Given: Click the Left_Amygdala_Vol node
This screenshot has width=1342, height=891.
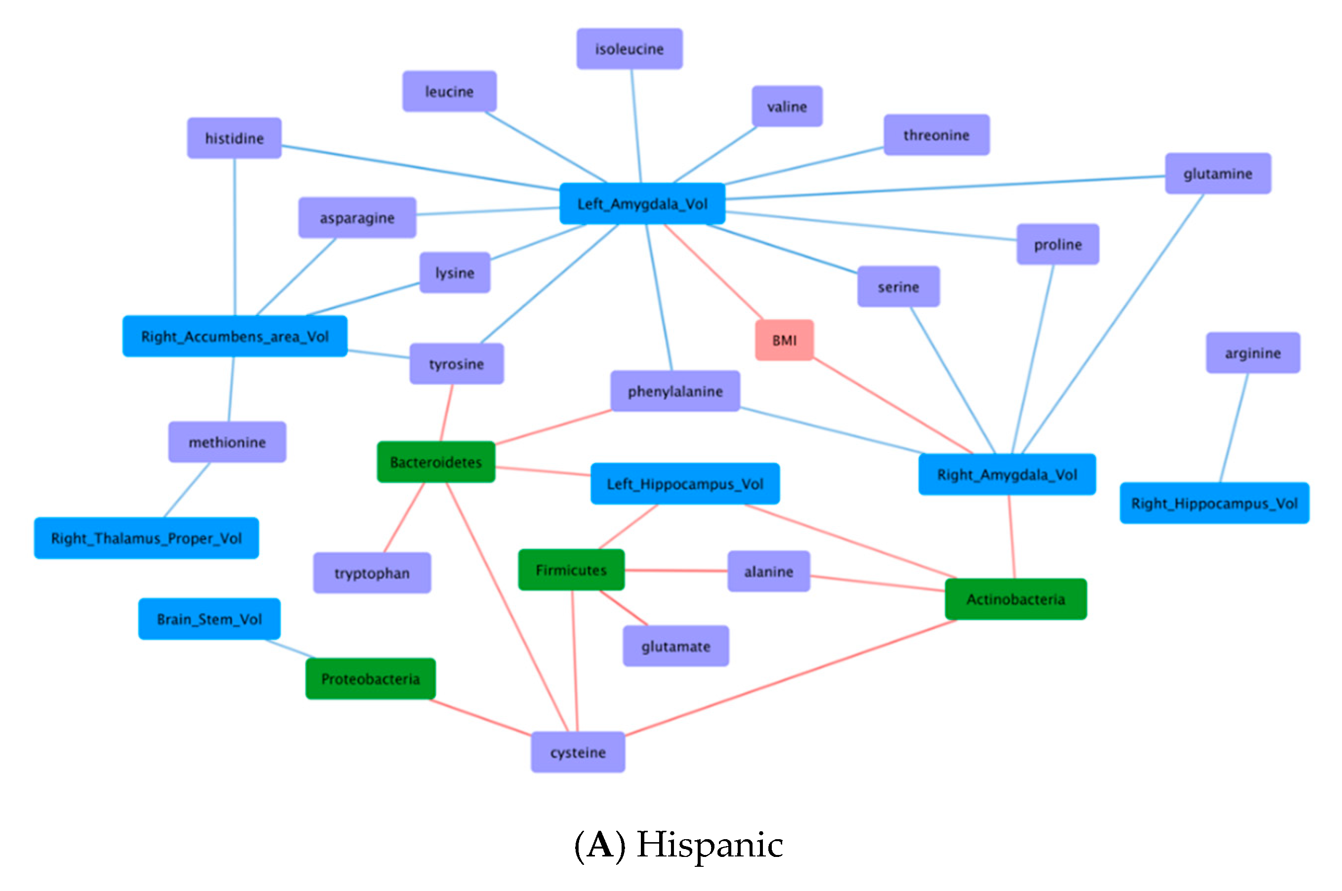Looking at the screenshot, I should point(642,203).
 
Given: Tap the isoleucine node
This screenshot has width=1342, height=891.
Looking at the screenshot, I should point(629,49).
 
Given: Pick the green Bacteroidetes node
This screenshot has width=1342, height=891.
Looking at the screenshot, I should point(436,462).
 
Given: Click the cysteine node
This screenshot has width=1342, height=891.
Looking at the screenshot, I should point(578,752).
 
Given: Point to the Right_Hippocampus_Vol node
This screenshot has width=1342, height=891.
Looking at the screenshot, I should point(1214,503).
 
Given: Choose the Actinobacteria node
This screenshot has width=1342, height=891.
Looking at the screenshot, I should point(1015,599).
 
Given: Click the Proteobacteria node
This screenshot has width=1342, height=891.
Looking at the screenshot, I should point(371,678).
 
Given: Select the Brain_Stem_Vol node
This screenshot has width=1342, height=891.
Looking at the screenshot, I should point(210,619).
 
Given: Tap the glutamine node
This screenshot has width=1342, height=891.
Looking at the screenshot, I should point(1218,173).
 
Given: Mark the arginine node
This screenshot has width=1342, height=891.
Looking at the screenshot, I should point(1253,353).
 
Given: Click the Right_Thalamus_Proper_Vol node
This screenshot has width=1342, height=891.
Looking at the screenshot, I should point(146,538).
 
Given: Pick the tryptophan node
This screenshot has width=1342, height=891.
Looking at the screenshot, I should point(372,573).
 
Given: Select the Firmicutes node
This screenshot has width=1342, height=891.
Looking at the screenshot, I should point(571,569).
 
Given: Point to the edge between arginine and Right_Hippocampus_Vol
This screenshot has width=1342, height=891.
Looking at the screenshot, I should point(1234,427).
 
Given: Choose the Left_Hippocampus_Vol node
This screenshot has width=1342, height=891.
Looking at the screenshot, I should point(685,484).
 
